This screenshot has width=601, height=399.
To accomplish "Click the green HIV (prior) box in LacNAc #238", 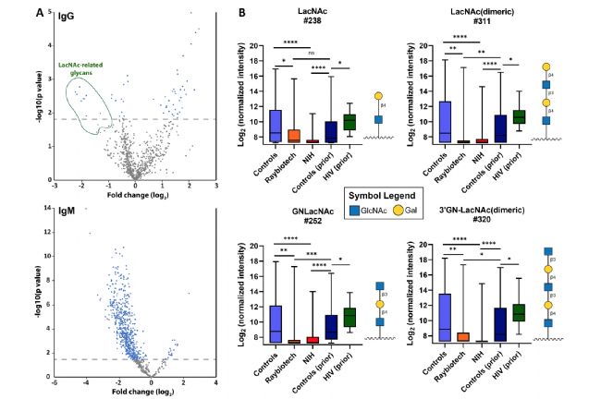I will pyautogui.click(x=349, y=121).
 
